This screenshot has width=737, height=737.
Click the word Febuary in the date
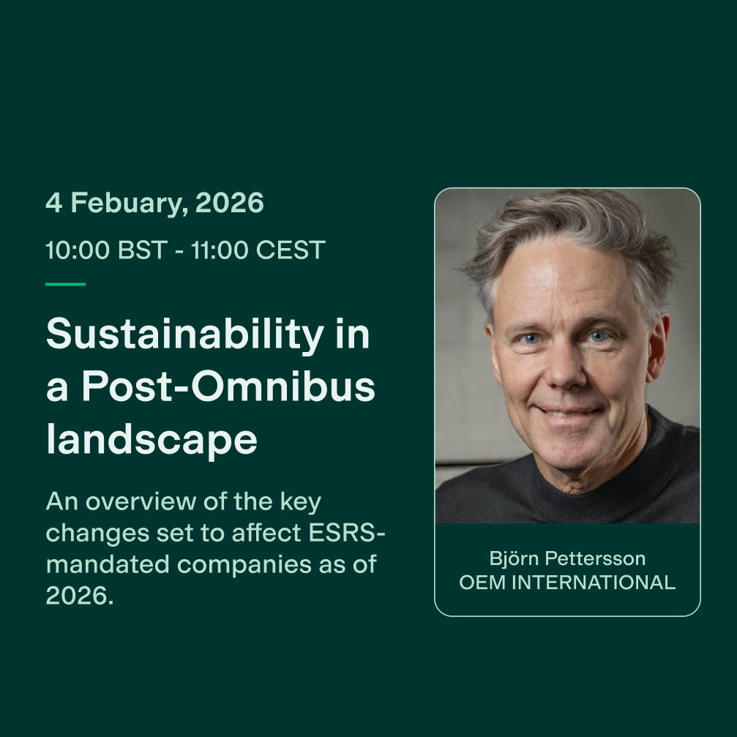tap(129, 203)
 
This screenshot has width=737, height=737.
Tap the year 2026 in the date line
tap(229, 203)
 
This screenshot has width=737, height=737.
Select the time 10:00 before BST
tap(77, 250)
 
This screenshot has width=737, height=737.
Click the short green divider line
tap(65, 284)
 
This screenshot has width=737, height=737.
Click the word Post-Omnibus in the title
tap(228, 386)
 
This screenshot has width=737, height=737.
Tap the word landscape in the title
tap(151, 439)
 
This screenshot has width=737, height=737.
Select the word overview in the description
tap(141, 501)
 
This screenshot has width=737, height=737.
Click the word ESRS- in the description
tap(347, 533)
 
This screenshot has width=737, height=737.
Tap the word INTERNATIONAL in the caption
tap(594, 583)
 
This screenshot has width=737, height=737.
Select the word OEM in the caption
tap(482, 583)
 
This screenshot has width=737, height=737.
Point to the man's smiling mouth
tap(569, 413)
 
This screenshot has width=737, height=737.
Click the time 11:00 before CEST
tap(220, 250)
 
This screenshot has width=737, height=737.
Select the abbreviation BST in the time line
tap(143, 250)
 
